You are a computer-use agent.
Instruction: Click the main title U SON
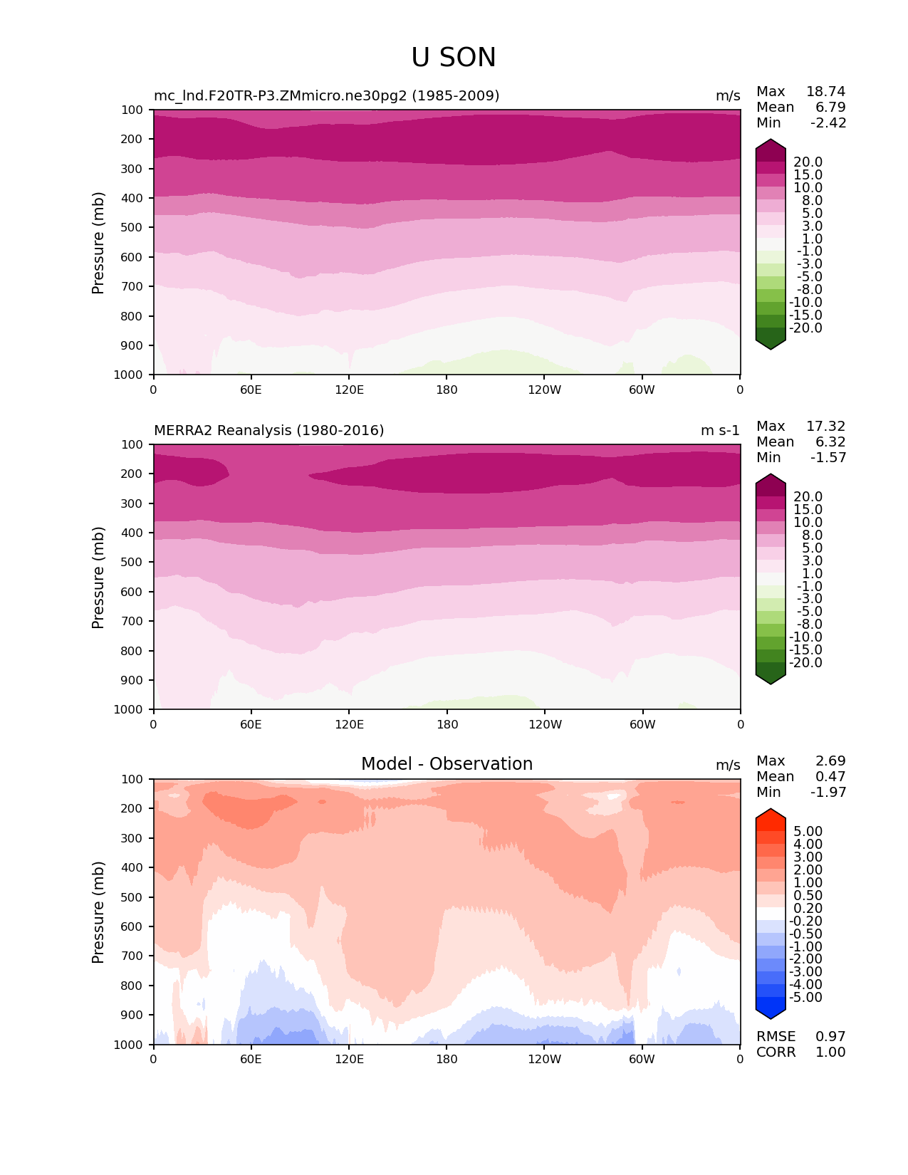tap(454, 58)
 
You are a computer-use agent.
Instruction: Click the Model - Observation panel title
tap(447, 764)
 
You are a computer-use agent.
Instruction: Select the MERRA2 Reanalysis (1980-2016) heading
tap(269, 430)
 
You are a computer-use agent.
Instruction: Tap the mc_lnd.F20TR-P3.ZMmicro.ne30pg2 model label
tap(326, 95)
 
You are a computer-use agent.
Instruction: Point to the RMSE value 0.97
tap(830, 1036)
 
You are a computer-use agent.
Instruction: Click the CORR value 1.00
tap(830, 1052)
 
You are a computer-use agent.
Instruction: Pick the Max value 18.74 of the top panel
tap(825, 91)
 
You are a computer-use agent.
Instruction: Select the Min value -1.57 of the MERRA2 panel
tap(828, 457)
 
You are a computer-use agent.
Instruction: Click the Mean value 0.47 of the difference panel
tap(830, 776)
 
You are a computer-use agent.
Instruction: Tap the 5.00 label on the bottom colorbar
tap(808, 831)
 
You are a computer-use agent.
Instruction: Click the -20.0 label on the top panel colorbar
tap(805, 328)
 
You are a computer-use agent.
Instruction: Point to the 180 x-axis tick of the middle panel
tap(447, 724)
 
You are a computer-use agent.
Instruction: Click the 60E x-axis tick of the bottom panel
tap(251, 1059)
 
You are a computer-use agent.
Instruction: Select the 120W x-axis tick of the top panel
tap(545, 390)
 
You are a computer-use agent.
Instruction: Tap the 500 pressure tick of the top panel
tap(132, 227)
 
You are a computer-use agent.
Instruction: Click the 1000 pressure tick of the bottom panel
tap(129, 1045)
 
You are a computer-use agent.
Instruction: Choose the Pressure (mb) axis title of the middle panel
tap(98, 577)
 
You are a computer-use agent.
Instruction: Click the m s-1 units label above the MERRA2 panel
tap(720, 430)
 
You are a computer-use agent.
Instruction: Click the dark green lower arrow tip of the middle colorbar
tap(771, 680)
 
